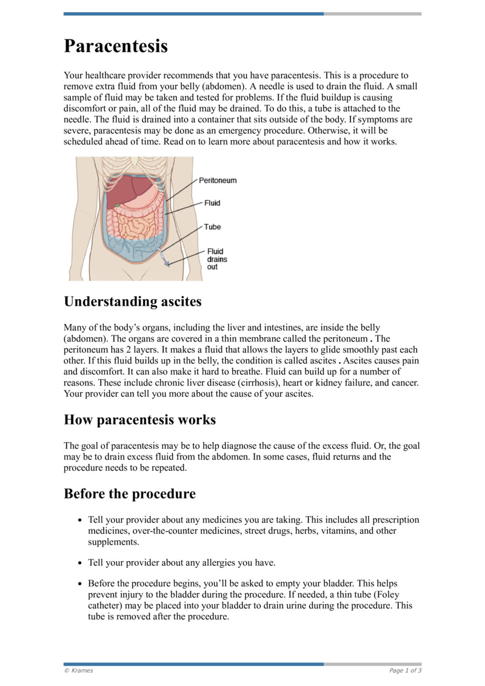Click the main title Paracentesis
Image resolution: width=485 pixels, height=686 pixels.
[x=116, y=46]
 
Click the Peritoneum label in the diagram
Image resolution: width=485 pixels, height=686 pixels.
[x=218, y=181]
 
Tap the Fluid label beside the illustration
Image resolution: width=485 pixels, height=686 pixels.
[x=212, y=203]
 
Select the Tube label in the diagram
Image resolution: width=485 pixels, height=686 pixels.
[x=212, y=227]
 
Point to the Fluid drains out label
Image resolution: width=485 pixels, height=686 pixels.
[x=216, y=259]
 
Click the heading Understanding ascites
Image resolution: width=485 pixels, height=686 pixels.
[x=132, y=301]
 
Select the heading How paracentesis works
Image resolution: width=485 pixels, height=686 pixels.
[x=139, y=420]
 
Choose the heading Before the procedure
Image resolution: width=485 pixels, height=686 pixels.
[x=130, y=494]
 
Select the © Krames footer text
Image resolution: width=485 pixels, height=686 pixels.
[x=79, y=671]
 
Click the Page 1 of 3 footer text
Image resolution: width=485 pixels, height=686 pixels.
[x=405, y=671]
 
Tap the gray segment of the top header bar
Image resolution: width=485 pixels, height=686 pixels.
[x=372, y=13]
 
